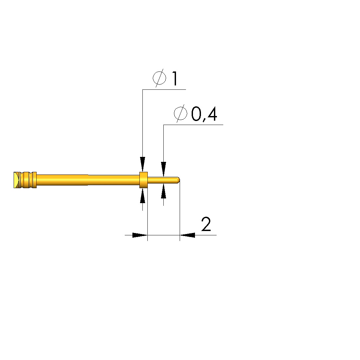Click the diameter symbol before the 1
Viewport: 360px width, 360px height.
click(159, 78)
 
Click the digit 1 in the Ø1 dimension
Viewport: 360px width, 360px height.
click(175, 78)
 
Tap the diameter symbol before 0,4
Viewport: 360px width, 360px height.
click(181, 113)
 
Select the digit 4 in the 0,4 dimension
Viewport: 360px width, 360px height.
click(212, 114)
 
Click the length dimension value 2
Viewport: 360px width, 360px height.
click(206, 224)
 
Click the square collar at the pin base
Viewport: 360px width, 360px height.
click(144, 180)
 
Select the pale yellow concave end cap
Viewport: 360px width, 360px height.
click(16, 180)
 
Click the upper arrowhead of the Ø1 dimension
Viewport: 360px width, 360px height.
click(143, 164)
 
